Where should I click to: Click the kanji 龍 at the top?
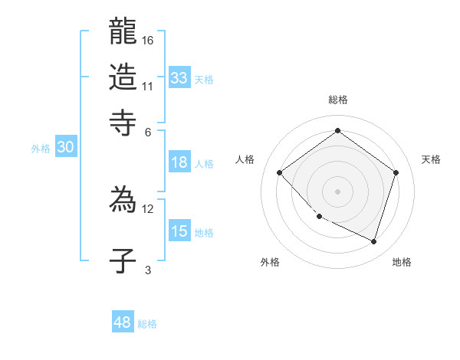point(123,33)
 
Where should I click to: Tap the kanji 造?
point(123,77)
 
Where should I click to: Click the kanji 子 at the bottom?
point(123,261)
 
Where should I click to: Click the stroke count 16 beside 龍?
point(148,40)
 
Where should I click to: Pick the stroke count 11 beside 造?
point(148,86)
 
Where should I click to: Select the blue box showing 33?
point(179,78)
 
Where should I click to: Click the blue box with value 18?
point(179,162)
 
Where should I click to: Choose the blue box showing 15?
point(179,231)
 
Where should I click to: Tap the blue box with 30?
point(65,148)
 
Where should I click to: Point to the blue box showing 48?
point(123,322)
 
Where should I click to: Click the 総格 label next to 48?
point(147,324)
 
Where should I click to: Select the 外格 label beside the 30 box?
point(41,149)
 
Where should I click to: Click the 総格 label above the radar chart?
point(337,100)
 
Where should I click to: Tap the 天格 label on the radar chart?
point(431,159)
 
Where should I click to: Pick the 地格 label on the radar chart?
point(402,262)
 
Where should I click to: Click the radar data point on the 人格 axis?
point(280,172)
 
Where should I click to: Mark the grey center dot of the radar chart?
point(337,191)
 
